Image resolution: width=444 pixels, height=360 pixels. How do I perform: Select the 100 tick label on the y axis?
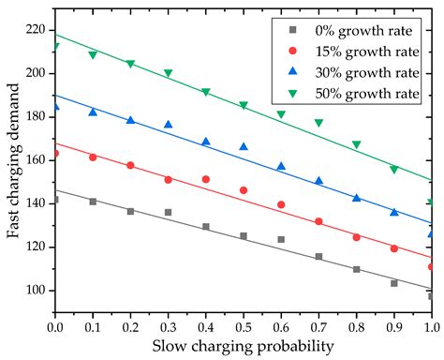pyautogui.click(x=34, y=291)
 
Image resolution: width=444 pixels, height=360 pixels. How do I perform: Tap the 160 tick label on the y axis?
pyautogui.click(x=34, y=160)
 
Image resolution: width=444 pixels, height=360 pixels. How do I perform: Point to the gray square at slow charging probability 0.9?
pyautogui.click(x=393, y=283)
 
